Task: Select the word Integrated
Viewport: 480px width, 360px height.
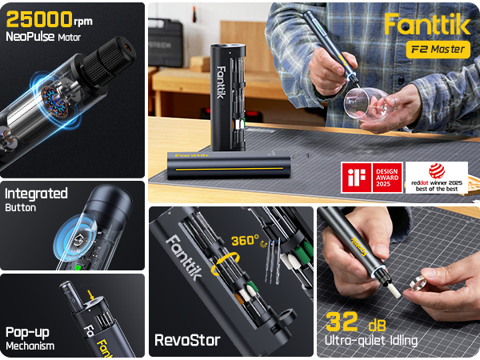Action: pos(36,194)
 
